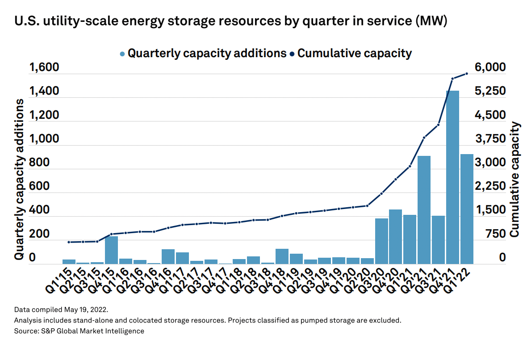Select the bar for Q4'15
[x=111, y=250]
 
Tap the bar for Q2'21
[x=424, y=209]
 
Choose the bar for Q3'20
[x=381, y=241]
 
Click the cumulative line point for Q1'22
[x=467, y=74]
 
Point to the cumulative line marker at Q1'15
[x=69, y=242]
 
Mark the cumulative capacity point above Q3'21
[x=438, y=125]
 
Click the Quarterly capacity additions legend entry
[x=203, y=54]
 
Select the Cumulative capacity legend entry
[x=351, y=54]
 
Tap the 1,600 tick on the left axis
[x=44, y=68]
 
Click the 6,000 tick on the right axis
[x=490, y=68]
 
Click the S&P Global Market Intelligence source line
[x=79, y=331]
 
